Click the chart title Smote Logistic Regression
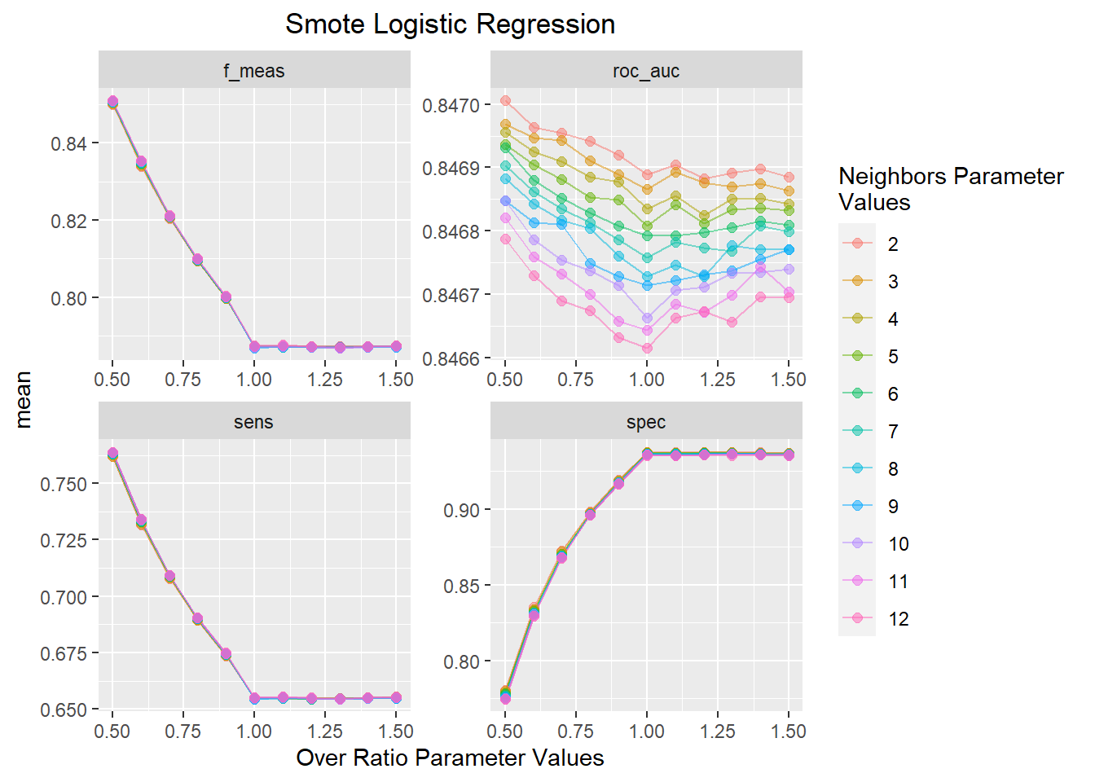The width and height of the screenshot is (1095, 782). coord(450,24)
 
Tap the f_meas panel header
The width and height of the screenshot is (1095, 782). coord(254,71)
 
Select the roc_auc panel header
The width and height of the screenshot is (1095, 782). coord(646,71)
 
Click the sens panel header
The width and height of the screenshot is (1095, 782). coord(254,422)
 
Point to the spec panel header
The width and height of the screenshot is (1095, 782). coord(646,422)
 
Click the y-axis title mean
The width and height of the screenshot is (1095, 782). coord(23,399)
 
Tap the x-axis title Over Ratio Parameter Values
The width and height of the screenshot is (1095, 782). coord(450,758)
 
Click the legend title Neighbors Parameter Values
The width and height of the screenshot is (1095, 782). coord(950,189)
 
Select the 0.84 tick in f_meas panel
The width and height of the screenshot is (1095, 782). coord(68,144)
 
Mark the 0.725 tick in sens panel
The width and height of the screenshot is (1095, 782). coord(63,540)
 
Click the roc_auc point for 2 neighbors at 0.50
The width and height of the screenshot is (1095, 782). coord(505,101)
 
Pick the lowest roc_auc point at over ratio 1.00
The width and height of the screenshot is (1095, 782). coord(647,348)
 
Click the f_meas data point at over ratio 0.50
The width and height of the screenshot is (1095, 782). coord(112,102)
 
